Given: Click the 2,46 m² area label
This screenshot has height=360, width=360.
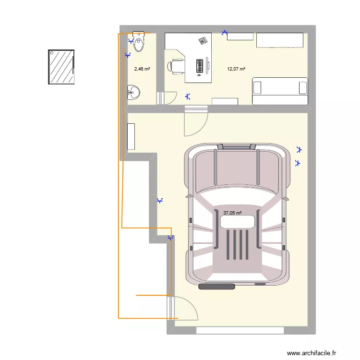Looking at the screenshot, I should coord(142,69).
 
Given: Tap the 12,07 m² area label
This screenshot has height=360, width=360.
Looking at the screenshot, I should coord(236,69).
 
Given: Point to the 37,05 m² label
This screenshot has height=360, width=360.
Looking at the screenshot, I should coord(232,213).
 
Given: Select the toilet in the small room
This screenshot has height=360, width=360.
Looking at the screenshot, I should coord(139,41).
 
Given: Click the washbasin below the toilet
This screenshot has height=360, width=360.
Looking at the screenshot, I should coord(134,92).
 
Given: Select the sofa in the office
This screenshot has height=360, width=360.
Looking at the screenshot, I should coord(280,91).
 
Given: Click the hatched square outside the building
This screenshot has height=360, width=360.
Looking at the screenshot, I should coord(61,67).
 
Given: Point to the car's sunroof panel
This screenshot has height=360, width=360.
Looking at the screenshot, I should coord(237,222).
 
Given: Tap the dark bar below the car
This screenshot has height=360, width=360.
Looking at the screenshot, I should coord(216,287).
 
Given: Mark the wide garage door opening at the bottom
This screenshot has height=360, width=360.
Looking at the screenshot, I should coord(240,330).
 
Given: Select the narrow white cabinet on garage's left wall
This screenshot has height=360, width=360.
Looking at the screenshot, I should coord(131,137).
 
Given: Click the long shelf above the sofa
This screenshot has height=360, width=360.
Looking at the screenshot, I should coord(280,40).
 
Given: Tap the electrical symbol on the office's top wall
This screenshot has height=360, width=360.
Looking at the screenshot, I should coord(225,33).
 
